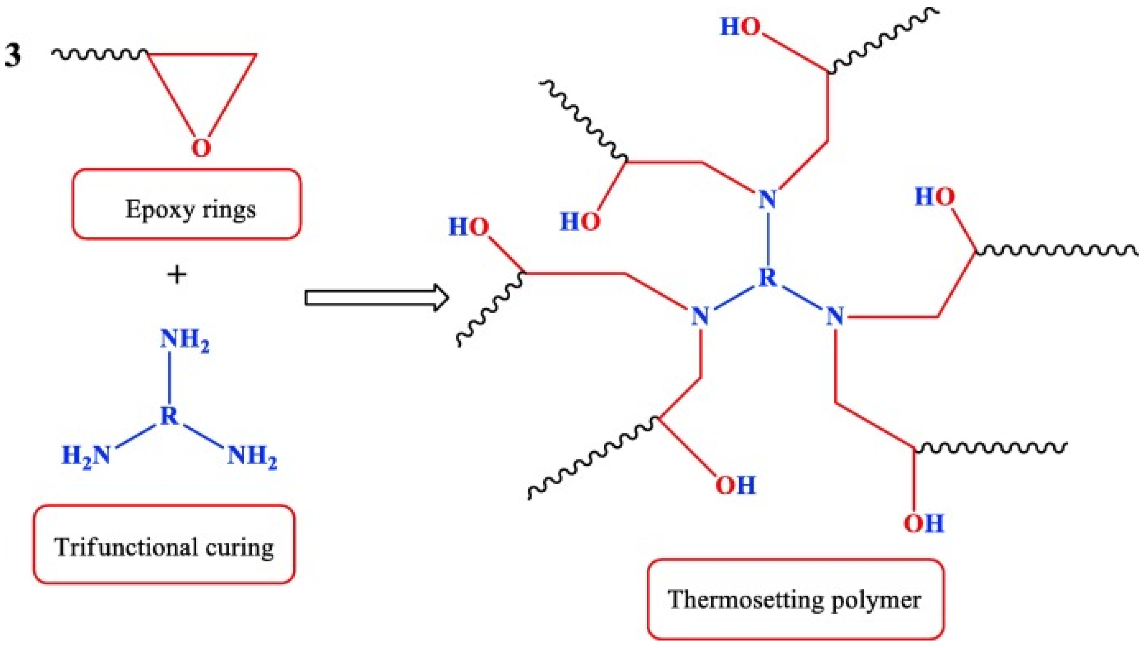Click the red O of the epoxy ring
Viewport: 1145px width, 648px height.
click(201, 148)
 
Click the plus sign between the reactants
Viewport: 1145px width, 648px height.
click(177, 274)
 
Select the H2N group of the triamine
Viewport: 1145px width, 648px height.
click(86, 455)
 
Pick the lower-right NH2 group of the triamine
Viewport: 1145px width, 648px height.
click(252, 457)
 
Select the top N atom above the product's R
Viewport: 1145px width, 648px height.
click(767, 199)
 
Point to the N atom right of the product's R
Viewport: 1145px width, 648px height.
click(835, 317)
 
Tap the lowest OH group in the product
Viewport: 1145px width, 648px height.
click(923, 523)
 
